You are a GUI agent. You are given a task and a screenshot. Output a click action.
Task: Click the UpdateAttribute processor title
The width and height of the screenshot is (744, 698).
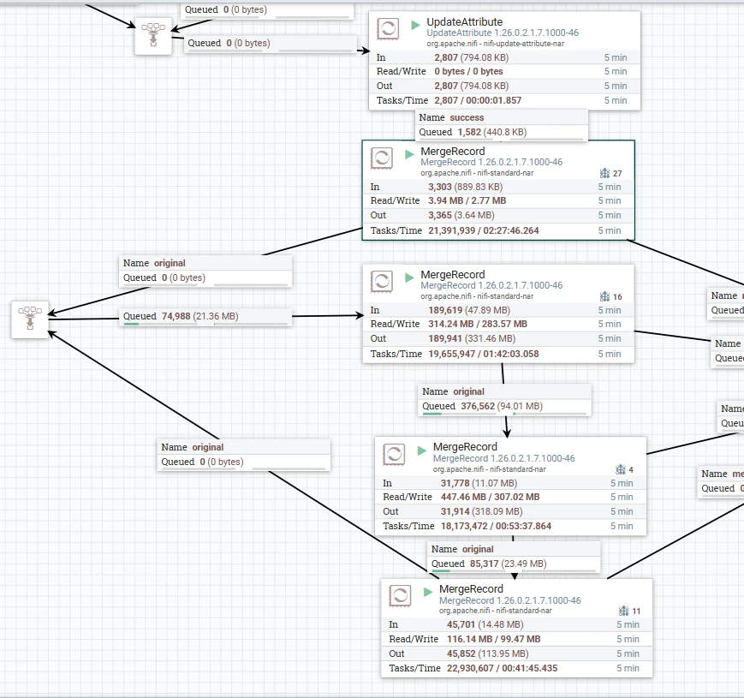pos(465,21)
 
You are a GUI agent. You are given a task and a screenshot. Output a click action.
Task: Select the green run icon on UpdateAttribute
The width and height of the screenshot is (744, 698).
pos(415,25)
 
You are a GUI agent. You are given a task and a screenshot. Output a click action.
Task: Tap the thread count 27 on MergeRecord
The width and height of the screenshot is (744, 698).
pos(617,173)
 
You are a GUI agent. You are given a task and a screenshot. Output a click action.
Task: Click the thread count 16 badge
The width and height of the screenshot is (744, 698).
pos(611,296)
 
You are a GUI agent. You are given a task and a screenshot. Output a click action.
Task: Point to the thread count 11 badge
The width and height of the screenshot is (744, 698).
pos(630,611)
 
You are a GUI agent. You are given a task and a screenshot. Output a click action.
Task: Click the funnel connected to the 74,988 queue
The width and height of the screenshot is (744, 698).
pos(30,319)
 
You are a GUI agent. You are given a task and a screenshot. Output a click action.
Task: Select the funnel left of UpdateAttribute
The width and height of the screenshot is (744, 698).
pos(153,36)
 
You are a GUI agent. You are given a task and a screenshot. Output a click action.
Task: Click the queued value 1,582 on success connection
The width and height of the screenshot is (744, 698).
pos(469,132)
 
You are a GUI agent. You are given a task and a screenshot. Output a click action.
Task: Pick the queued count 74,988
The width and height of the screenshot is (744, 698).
pos(176,316)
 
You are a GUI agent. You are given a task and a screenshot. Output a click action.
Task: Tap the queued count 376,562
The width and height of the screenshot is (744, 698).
pos(478,406)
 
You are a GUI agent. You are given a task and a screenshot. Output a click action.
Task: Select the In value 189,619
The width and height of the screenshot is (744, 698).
pos(445,310)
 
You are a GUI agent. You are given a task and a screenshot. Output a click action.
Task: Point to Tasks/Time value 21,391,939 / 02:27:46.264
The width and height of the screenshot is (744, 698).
pos(484,230)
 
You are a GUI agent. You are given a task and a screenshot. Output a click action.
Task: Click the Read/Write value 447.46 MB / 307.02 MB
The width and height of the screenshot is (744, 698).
pos(490,497)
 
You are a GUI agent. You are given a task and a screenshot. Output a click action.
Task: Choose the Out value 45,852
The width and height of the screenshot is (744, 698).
pos(461,653)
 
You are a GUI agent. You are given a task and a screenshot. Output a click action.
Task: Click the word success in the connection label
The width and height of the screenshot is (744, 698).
pos(467,117)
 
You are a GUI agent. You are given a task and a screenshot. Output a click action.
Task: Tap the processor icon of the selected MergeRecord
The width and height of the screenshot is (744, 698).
pos(382,158)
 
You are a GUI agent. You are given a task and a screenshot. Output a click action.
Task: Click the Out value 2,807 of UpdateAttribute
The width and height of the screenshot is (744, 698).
pos(446,86)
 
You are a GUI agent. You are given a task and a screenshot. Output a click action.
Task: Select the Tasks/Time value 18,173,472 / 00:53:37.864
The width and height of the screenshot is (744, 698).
pos(496,526)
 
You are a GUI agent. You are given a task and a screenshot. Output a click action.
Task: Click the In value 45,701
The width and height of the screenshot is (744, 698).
pos(461,624)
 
